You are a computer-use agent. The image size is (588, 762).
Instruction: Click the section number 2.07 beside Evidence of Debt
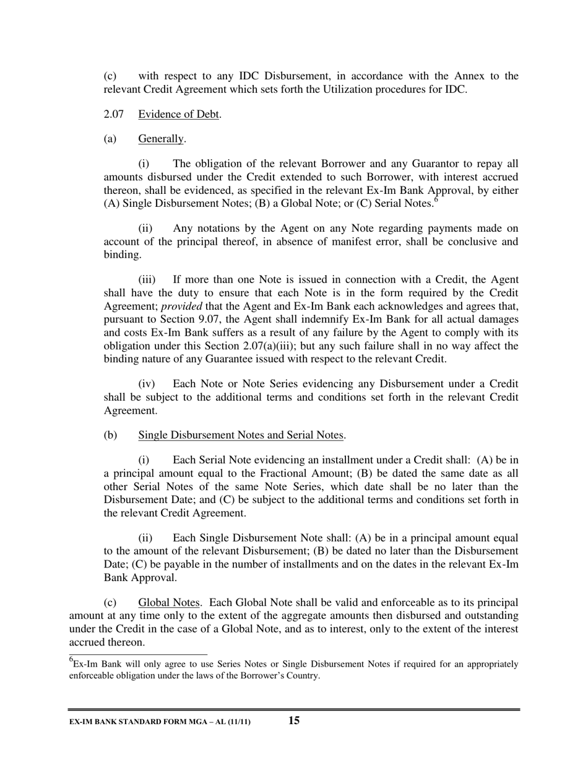(112, 114)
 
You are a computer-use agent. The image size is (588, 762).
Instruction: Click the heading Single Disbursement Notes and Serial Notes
(241, 435)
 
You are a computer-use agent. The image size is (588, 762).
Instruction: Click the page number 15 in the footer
(294, 720)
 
